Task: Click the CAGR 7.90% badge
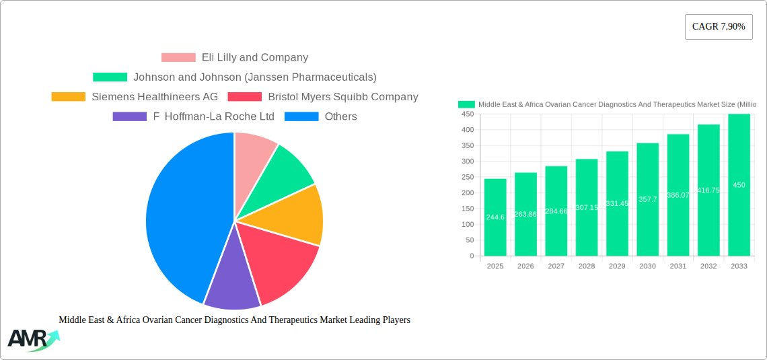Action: pos(718,27)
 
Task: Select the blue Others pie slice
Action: pos(178,215)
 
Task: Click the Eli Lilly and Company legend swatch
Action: pos(178,58)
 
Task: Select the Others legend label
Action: pos(340,116)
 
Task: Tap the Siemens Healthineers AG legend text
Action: pos(155,97)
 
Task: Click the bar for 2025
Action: pos(495,217)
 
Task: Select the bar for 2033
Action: pos(739,185)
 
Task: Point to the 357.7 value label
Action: pos(647,199)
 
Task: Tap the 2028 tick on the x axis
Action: pos(587,266)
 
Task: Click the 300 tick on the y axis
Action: pos(466,161)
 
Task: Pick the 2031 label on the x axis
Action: pos(678,266)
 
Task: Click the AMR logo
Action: pos(32,339)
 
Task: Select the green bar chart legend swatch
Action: pos(466,104)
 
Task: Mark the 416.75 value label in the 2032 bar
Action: pos(708,190)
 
